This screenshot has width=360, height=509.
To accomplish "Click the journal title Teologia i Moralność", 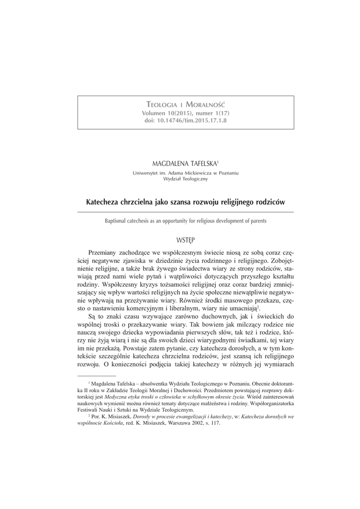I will click(x=186, y=105).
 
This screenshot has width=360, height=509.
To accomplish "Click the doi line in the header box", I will click(x=186, y=121).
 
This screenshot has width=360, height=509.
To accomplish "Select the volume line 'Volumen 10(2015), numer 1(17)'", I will click(x=186, y=113).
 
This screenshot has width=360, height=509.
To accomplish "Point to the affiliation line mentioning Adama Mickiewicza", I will click(x=185, y=172).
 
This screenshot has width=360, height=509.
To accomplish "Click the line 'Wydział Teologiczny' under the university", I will click(x=185, y=179).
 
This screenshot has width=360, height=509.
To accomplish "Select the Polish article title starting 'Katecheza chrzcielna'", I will click(x=186, y=203).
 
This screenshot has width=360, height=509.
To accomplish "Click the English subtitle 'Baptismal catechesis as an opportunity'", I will click(x=186, y=221).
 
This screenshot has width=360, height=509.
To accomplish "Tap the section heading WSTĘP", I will click(x=186, y=240).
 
